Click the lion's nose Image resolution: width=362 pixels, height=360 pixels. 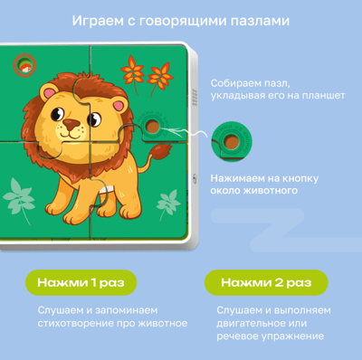[71, 124]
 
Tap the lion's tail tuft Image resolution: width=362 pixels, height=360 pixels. [161, 151]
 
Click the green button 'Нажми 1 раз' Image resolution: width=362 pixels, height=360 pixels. [81, 282]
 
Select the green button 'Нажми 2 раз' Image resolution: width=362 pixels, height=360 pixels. [266, 282]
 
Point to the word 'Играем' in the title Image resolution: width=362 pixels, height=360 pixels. [98, 22]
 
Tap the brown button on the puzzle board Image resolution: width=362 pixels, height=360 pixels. [153, 127]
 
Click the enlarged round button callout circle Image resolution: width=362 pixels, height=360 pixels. [232, 141]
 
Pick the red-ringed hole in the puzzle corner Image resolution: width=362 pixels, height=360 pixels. [24, 65]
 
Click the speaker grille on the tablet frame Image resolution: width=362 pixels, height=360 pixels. [195, 98]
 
